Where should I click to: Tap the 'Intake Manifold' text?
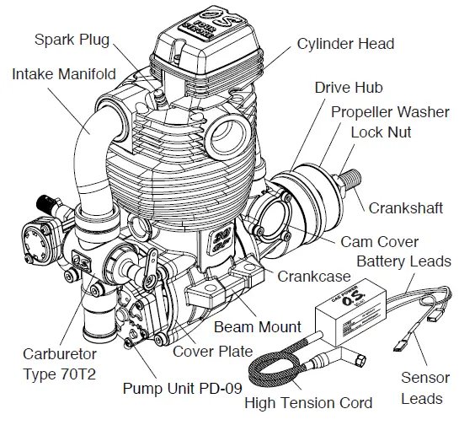[x=64, y=74]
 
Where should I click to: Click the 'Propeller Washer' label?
[x=390, y=112]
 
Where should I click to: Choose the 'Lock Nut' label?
[x=381, y=133]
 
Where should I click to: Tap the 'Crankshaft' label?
[x=406, y=207]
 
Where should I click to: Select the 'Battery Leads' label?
[x=403, y=261]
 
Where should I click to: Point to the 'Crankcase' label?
[x=313, y=276]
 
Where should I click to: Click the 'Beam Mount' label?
[x=258, y=326]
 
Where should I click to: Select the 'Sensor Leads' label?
[x=424, y=387]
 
